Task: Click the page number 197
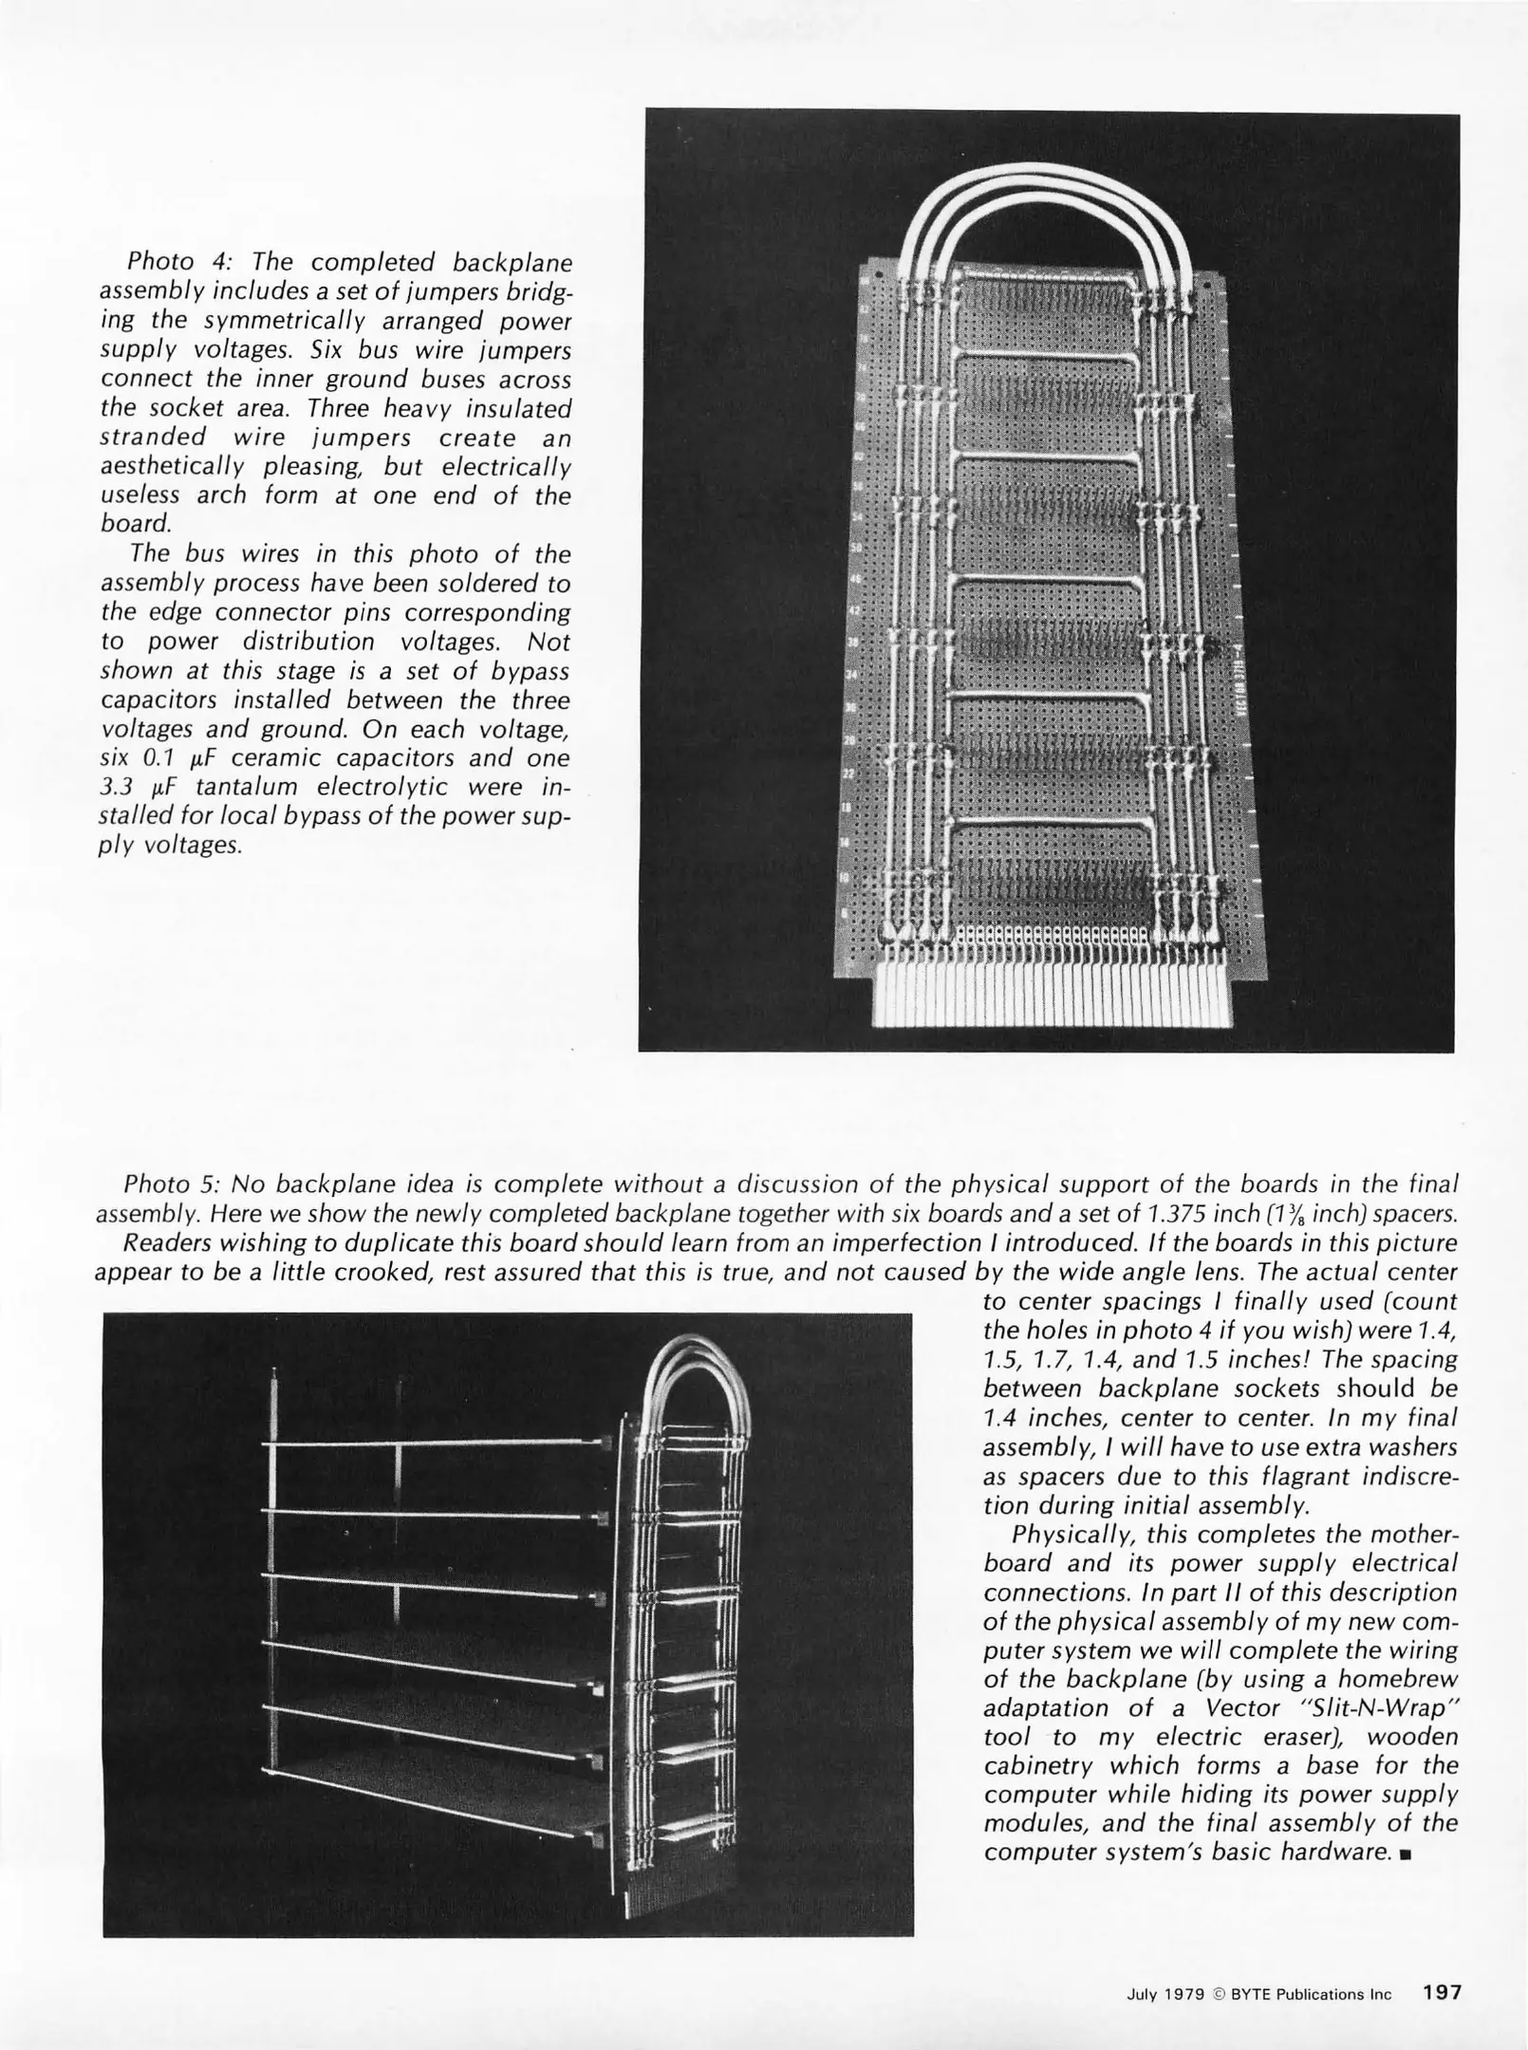1442,1993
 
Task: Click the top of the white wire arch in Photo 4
1050,171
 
